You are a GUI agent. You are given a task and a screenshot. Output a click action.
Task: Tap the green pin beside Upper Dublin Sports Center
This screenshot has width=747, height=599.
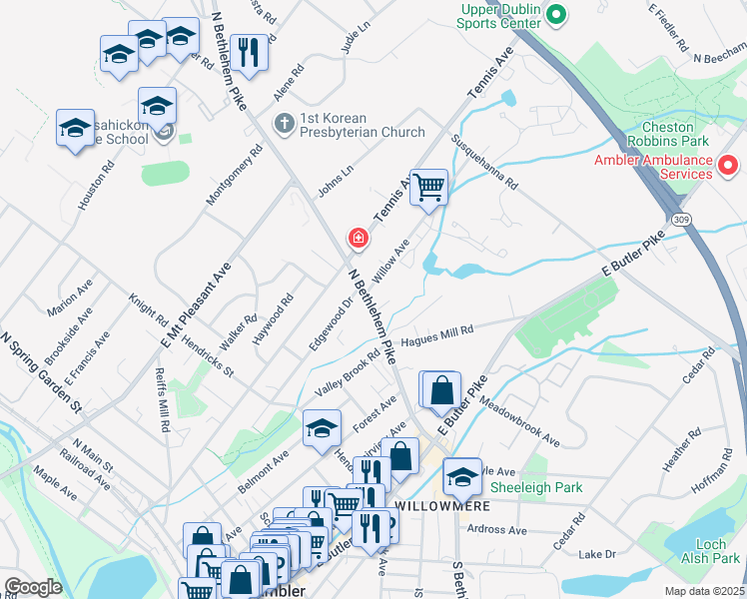pyautogui.click(x=557, y=15)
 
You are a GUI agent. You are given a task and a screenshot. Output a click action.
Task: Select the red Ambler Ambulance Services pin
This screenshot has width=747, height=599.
pyautogui.click(x=728, y=166)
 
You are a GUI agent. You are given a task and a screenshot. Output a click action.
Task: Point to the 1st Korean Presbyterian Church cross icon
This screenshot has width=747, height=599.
pyautogui.click(x=284, y=124)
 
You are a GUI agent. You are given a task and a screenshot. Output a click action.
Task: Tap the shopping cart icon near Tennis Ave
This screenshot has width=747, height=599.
pyautogui.click(x=428, y=186)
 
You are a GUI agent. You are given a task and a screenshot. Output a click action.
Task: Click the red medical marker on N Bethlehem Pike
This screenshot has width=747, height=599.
pyautogui.click(x=357, y=238)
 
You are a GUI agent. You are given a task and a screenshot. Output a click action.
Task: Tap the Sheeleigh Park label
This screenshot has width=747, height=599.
pyautogui.click(x=535, y=487)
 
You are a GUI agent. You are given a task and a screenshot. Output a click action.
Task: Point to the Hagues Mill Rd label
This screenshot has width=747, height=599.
pyautogui.click(x=435, y=338)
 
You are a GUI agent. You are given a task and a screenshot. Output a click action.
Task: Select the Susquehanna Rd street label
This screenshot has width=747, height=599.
pyautogui.click(x=485, y=163)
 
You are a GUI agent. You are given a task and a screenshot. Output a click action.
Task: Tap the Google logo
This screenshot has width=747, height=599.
pyautogui.click(x=34, y=587)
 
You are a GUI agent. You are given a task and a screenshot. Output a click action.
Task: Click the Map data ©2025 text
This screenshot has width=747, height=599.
pyautogui.click(x=704, y=591)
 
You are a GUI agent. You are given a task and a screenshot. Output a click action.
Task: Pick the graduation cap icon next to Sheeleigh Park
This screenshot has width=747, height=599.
pyautogui.click(x=461, y=475)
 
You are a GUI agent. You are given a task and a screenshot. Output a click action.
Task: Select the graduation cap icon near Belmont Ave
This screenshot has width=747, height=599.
pyautogui.click(x=322, y=427)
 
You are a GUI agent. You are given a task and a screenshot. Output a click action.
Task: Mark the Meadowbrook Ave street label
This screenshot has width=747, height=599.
pyautogui.click(x=519, y=423)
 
